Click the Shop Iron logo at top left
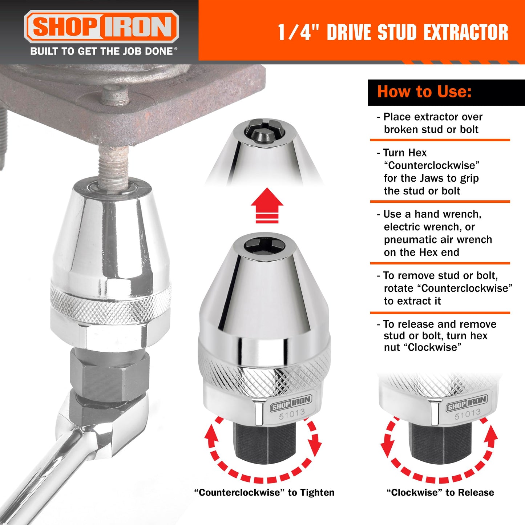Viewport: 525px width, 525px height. (x=101, y=27)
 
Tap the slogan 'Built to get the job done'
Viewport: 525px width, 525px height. (x=104, y=51)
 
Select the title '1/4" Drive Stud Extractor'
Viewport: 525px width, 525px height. (x=393, y=32)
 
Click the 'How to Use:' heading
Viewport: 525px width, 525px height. (x=424, y=92)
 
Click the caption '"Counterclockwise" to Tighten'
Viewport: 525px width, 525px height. (x=264, y=492)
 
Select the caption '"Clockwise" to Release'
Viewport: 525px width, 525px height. (x=440, y=492)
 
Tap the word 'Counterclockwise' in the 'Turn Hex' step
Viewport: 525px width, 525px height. (x=432, y=166)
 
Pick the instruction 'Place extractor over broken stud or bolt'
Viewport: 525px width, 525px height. (x=432, y=123)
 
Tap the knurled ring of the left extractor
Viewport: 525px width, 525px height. (x=110, y=302)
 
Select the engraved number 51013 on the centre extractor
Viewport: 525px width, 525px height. (x=292, y=414)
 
